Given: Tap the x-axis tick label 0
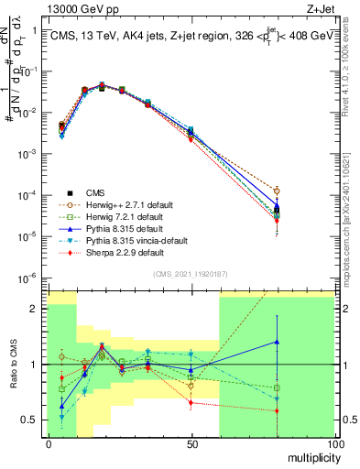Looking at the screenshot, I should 48,443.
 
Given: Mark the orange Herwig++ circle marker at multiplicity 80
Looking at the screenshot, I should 277,191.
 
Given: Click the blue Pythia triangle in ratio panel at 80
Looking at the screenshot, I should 277,342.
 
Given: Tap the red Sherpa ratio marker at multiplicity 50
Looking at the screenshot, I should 191,402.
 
